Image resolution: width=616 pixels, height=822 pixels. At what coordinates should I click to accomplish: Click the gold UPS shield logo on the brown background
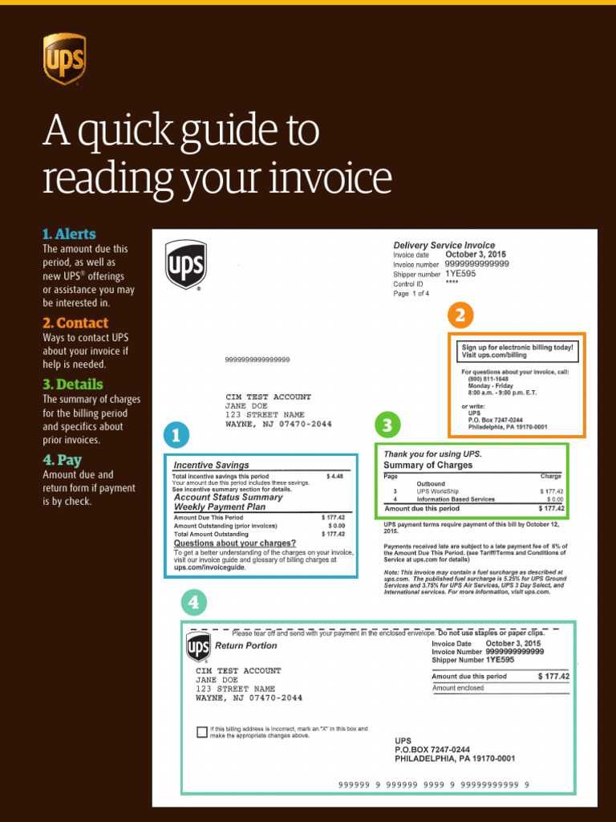pyautogui.click(x=64, y=59)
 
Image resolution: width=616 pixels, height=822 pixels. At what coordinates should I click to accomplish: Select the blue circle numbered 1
pyautogui.click(x=176, y=435)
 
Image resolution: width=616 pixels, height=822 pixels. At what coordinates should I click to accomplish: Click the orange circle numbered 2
pyautogui.click(x=460, y=315)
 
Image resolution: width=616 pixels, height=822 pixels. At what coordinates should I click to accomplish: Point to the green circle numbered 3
pyautogui.click(x=387, y=424)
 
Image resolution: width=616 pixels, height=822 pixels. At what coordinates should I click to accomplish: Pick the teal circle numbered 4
pyautogui.click(x=193, y=602)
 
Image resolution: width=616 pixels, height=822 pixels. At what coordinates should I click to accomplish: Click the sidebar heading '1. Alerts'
pyautogui.click(x=69, y=234)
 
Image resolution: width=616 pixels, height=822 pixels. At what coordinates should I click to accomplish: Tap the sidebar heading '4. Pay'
pyautogui.click(x=62, y=460)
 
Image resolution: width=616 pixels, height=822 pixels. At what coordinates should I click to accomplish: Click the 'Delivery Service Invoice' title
pyautogui.click(x=444, y=245)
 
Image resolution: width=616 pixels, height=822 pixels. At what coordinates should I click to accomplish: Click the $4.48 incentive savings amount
pyautogui.click(x=334, y=476)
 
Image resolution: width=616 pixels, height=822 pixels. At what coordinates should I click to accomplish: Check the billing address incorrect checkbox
pyautogui.click(x=201, y=731)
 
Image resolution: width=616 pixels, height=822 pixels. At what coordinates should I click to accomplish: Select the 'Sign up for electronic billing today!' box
pyautogui.click(x=517, y=351)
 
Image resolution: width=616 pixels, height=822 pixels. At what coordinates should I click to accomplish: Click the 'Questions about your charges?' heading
pyautogui.click(x=235, y=543)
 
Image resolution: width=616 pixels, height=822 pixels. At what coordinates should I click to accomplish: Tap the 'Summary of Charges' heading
pyautogui.click(x=428, y=465)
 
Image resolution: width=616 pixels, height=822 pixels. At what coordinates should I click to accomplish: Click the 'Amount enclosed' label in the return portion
pyautogui.click(x=458, y=688)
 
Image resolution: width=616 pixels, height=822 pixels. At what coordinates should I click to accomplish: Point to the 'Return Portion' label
pyautogui.click(x=245, y=645)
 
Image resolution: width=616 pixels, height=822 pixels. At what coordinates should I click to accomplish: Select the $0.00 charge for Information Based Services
pyautogui.click(x=554, y=499)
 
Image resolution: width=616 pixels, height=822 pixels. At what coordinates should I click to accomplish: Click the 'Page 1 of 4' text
pyautogui.click(x=411, y=294)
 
